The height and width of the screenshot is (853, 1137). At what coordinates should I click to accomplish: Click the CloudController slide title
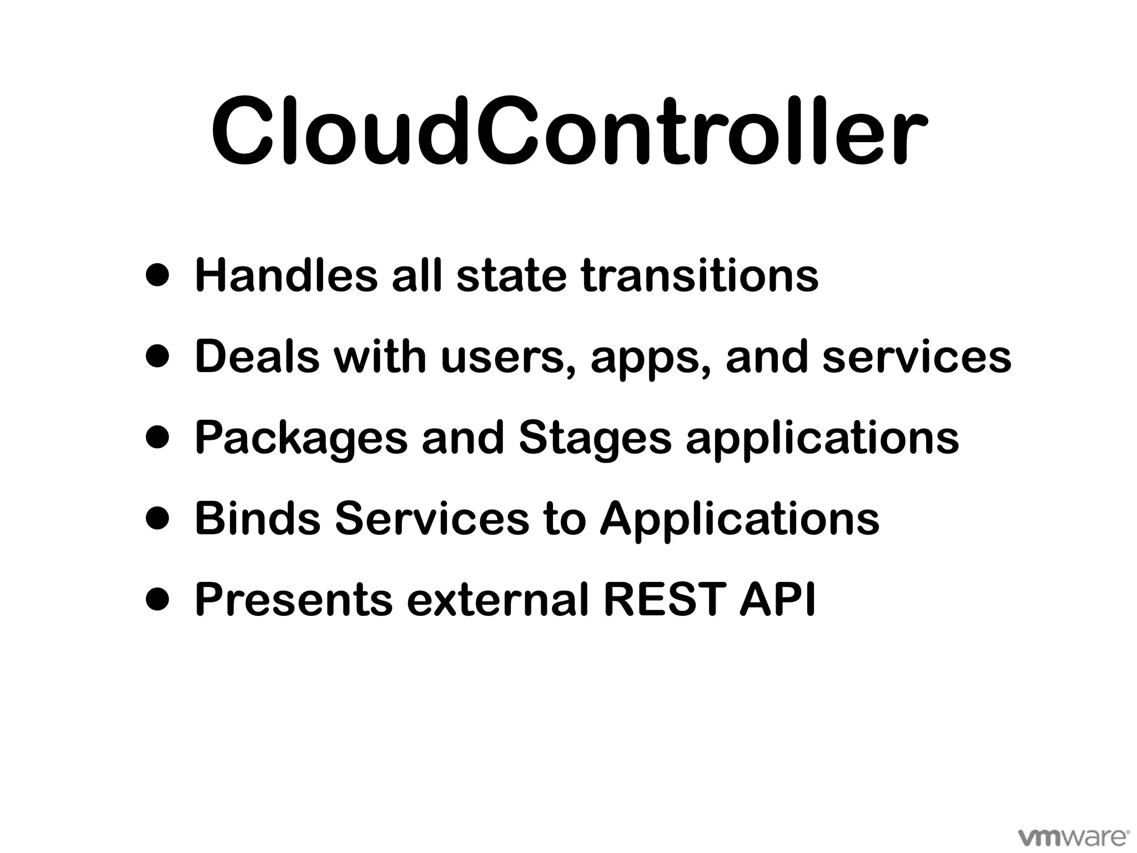coord(568,132)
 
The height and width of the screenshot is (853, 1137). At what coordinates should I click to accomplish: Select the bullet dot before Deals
coord(157,357)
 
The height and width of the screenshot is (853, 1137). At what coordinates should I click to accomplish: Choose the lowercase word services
coord(917,357)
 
